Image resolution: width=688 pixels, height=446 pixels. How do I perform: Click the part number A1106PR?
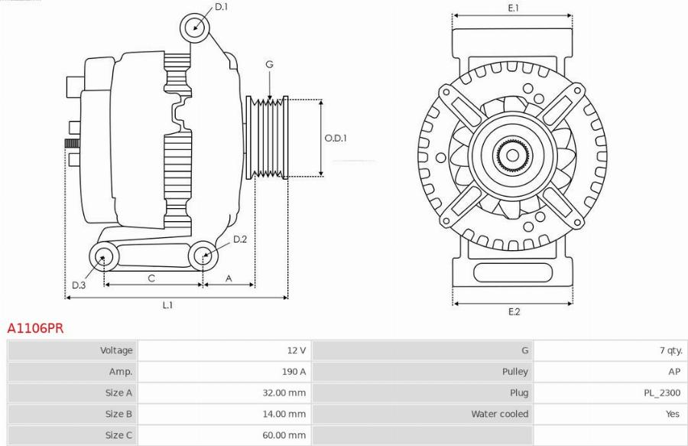(35, 328)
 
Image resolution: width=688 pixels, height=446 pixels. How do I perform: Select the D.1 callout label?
(221, 7)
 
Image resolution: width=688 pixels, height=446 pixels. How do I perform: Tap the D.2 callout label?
(240, 239)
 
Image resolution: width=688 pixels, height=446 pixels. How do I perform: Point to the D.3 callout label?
(79, 285)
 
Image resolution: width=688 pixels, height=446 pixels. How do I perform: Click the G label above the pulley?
(269, 64)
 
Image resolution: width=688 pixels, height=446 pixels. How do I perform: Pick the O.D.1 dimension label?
(336, 138)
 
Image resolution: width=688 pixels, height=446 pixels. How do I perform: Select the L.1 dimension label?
(167, 305)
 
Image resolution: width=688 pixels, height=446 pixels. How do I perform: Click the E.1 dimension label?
(514, 8)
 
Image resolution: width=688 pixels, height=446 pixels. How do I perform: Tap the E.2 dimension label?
(514, 312)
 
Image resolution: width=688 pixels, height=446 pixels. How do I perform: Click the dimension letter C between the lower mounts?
(151, 278)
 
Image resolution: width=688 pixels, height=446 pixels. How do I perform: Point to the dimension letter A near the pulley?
(229, 278)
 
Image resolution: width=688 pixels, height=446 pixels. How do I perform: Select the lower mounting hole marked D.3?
(104, 256)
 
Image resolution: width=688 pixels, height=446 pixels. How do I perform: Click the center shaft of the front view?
(512, 155)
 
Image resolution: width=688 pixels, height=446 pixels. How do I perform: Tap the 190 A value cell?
(294, 372)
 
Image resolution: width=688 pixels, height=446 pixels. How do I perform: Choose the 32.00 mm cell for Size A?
(284, 393)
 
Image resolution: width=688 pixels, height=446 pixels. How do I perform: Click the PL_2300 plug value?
(662, 393)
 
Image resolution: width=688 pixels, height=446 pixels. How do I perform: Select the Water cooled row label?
(500, 414)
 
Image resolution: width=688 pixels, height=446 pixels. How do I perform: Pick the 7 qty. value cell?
(671, 350)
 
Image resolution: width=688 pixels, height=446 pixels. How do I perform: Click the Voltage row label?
(116, 350)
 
